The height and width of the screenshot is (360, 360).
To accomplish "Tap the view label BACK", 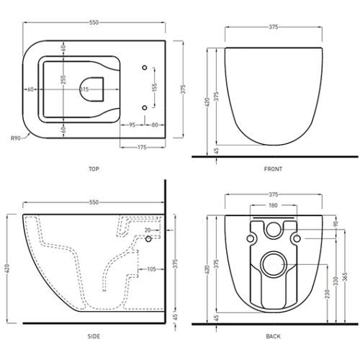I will (x=273, y=336).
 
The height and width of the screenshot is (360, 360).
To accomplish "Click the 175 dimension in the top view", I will (x=143, y=148).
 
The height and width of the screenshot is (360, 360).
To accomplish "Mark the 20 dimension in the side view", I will (x=148, y=230).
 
